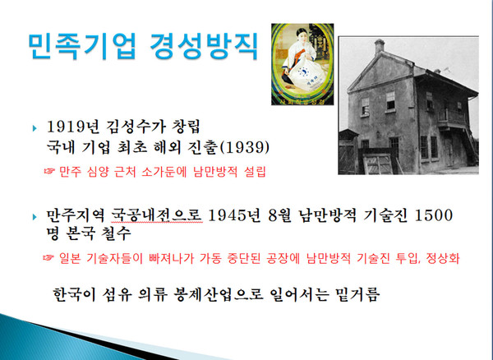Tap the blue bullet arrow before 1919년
pos(34,128)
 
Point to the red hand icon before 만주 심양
pos(50,171)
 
